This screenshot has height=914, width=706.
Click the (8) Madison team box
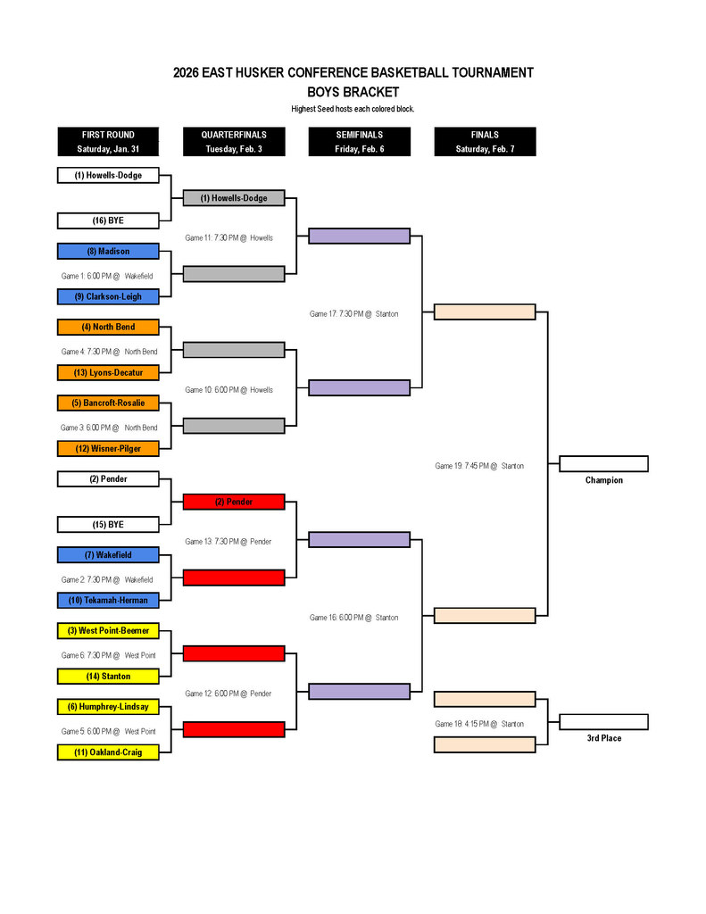coord(108,252)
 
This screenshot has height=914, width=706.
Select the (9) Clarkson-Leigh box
coord(108,296)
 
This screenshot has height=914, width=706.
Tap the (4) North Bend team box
coord(108,327)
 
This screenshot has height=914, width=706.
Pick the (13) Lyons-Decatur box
coord(108,372)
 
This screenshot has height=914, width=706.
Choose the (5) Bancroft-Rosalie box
coord(108,403)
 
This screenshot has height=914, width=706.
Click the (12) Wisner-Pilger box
coord(108,448)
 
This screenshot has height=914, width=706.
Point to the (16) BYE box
coord(108,220)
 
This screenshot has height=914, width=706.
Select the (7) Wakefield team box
coord(108,555)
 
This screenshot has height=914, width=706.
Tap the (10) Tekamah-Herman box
coord(108,600)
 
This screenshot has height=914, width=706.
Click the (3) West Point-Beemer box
coord(108,631)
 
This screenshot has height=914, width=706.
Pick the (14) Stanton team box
coord(108,677)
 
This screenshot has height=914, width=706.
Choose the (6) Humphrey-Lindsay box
coord(108,707)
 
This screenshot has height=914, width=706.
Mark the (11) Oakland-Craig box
coord(108,752)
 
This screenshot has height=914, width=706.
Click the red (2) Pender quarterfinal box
coord(234,502)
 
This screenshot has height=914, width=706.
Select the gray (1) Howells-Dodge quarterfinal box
coord(234,198)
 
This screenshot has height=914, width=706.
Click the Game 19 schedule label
coord(479,466)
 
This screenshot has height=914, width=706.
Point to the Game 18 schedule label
coord(479,724)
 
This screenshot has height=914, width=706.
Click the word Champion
coord(603,480)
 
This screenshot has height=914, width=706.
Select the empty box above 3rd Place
coord(603,722)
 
